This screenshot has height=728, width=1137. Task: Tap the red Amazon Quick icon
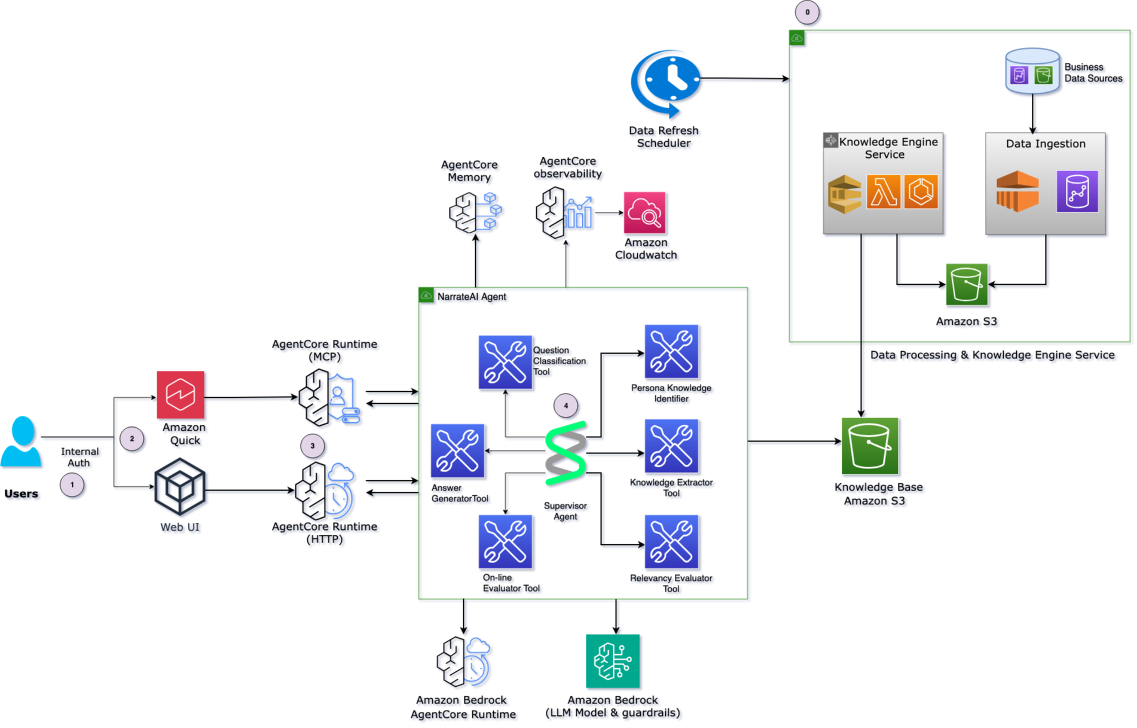(181, 395)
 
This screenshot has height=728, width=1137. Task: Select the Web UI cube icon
(180, 486)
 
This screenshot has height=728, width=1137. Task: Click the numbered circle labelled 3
(312, 446)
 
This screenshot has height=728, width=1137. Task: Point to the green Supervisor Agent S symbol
(566, 453)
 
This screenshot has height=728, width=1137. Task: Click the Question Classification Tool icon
(505, 362)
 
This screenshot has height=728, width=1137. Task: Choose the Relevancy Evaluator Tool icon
(671, 541)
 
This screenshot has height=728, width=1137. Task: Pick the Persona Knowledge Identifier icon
(671, 352)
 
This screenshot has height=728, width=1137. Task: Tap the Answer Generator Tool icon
(457, 450)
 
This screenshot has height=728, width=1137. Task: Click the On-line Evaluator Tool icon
(505, 541)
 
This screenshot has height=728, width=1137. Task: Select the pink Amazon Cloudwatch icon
(644, 212)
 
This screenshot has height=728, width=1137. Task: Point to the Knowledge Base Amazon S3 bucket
(870, 446)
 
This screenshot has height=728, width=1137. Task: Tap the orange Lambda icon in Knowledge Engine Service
(884, 191)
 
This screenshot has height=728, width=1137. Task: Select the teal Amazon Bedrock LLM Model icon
(613, 661)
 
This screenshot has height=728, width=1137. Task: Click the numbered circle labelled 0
(807, 12)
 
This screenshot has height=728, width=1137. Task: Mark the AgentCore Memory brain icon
(475, 212)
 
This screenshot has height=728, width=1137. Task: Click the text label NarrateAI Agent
(471, 297)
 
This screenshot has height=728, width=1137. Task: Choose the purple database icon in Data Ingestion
(1077, 191)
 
